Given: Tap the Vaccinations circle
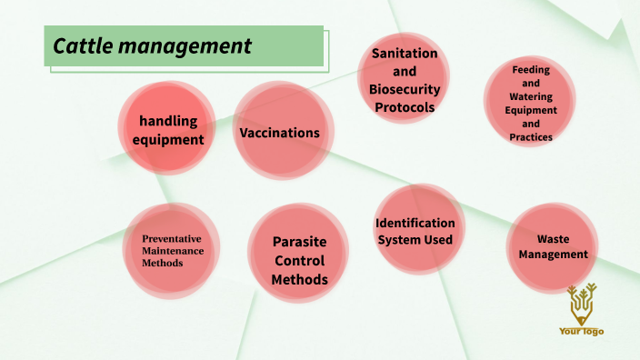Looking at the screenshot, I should (x=279, y=133).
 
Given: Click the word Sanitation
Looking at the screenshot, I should (x=404, y=54).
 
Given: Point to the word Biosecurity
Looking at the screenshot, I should (x=404, y=89).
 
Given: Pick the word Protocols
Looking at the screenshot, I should (x=404, y=107).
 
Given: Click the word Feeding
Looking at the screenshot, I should (x=531, y=69).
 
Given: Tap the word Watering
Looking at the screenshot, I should (x=531, y=96).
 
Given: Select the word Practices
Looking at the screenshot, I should (x=531, y=137).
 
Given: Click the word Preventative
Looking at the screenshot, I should (x=172, y=239).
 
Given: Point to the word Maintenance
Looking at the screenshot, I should (x=172, y=251).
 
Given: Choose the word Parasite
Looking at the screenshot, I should (x=299, y=243).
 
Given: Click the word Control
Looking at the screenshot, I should (x=299, y=261).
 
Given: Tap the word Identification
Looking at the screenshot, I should (x=415, y=223).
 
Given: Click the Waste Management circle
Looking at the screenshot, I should (x=553, y=246).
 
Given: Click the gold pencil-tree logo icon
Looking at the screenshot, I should (x=581, y=303).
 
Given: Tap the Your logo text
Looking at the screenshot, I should (x=581, y=332).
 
